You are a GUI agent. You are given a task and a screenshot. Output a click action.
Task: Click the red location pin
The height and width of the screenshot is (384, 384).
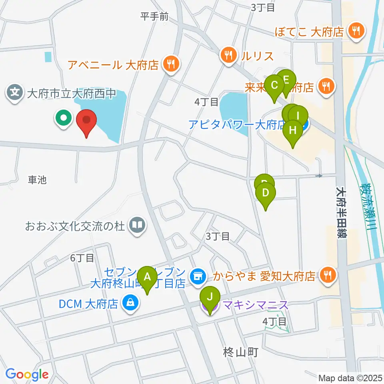(86, 122)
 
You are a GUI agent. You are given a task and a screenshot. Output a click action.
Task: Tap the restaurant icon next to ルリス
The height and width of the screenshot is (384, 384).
(228, 56)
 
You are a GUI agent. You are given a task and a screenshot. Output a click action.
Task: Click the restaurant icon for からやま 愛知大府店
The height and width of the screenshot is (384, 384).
(328, 275)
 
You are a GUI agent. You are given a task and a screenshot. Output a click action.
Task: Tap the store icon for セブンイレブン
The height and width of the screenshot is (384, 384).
(196, 275)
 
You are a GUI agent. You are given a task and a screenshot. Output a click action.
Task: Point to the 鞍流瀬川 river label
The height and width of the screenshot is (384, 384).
(369, 206)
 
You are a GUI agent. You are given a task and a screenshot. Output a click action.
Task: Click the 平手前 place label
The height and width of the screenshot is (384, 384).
(154, 16)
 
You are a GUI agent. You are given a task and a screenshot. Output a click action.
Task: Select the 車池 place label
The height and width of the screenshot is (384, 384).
(38, 180)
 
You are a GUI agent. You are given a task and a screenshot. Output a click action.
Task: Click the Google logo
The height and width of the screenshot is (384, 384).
(27, 374)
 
